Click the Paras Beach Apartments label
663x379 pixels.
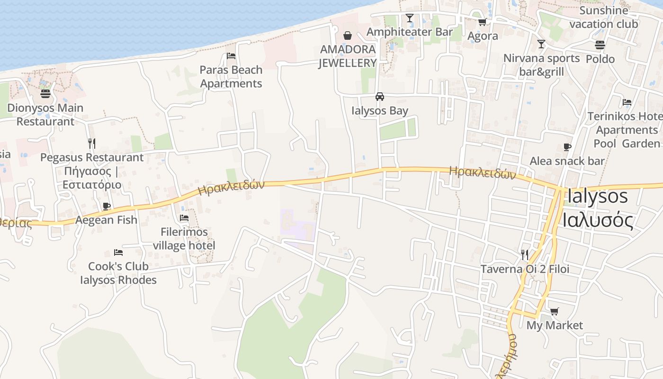(231, 77)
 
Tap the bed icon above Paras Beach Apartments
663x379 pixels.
(231, 56)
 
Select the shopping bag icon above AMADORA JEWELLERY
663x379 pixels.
(348, 36)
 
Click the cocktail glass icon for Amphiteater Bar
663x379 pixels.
(410, 18)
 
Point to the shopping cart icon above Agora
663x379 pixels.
(482, 22)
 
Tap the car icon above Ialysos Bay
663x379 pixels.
(379, 97)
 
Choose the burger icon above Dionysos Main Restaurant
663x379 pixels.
(45, 93)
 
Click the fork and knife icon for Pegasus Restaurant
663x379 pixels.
(92, 143)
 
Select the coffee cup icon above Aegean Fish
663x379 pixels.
(107, 206)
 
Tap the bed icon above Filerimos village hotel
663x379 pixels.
(184, 218)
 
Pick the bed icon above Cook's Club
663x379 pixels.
(118, 253)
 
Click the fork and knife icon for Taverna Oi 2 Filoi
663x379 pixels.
(525, 255)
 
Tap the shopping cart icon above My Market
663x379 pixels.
(554, 311)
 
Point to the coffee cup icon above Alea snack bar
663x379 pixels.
(567, 147)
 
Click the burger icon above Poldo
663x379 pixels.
(600, 45)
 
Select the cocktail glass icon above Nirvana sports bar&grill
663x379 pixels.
(541, 44)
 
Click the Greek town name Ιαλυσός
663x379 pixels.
(598, 220)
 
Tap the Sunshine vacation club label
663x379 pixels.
(604, 17)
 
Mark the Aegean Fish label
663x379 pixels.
(107, 220)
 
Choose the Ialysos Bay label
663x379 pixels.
(380, 111)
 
